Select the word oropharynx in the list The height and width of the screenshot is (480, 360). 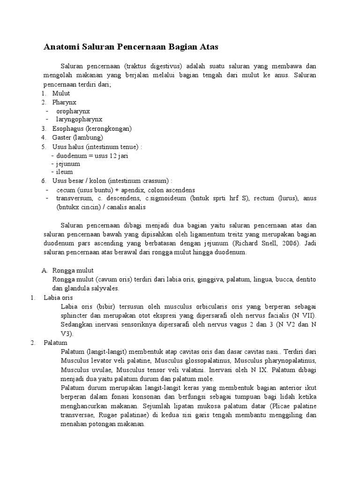tap(73, 112)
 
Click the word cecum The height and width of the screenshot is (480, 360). tap(65, 190)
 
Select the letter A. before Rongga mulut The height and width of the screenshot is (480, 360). tap(45, 270)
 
